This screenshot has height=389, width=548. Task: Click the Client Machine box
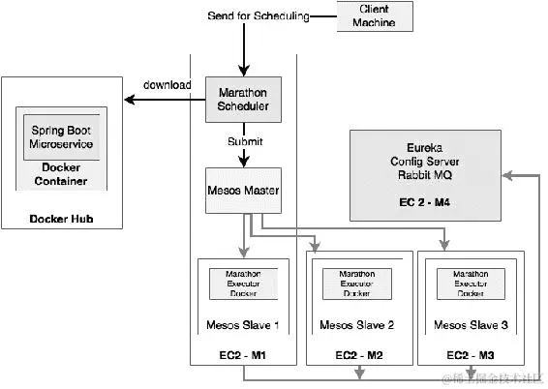click(x=366, y=16)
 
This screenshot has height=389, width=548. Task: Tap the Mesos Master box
click(x=243, y=192)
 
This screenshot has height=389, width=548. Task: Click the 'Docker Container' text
click(x=62, y=174)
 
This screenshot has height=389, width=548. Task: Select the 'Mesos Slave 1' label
click(x=243, y=324)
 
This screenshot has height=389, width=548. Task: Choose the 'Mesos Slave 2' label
click(x=353, y=324)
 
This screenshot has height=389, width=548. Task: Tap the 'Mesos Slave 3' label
click(x=467, y=324)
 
